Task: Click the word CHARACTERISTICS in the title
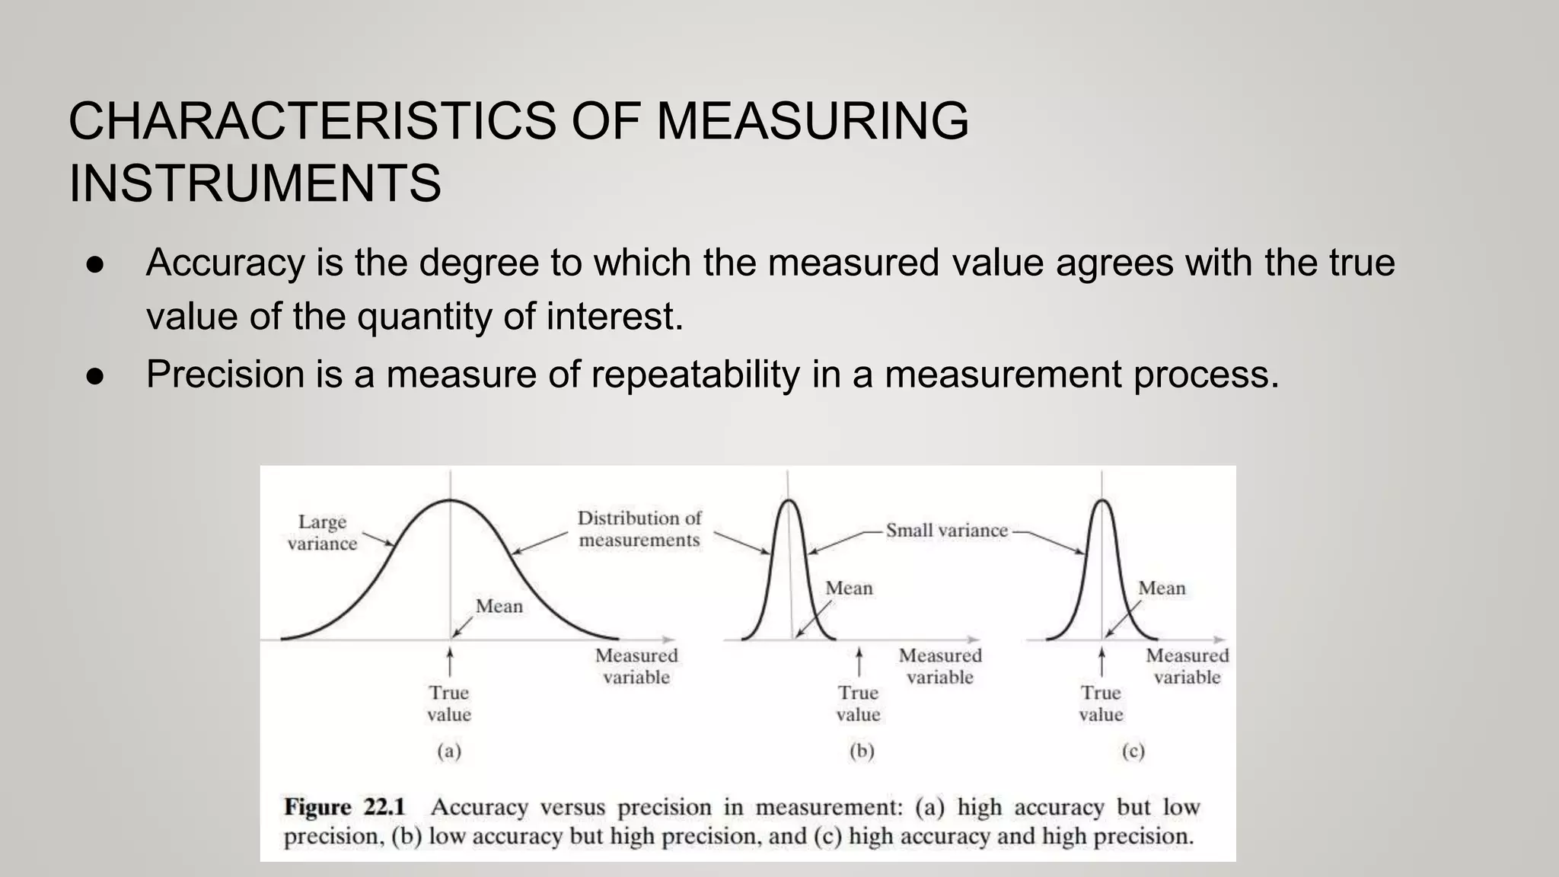pos(312,122)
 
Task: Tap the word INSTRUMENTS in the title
pos(255,184)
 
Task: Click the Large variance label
pos(322,532)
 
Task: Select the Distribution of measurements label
pos(639,529)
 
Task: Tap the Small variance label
pos(946,531)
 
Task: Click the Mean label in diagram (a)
pos(499,606)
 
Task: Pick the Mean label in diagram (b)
pos(849,588)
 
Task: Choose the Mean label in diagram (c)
pos(1162,588)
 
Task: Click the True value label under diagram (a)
pos(449,703)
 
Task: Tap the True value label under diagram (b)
pos(858,703)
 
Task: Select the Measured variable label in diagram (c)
pos(1187,666)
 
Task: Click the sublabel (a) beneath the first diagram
pos(449,751)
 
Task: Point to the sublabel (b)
pos(862,751)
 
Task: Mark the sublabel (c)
pos(1133,751)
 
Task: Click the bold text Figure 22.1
pos(345,807)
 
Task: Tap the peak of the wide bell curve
pos(451,500)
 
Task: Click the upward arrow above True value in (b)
pos(859,661)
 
